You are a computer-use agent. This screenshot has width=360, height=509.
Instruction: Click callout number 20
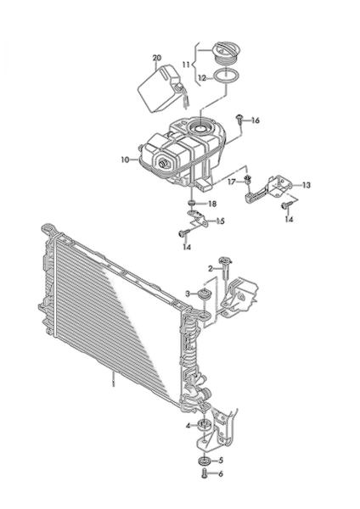pos(156,58)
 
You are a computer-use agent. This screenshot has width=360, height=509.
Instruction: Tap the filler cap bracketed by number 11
pos(227,53)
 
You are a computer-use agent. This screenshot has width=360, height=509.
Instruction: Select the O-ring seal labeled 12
pos(226,76)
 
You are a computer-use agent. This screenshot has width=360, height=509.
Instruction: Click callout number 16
pos(256,120)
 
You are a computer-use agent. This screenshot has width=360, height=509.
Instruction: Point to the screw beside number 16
pos(239,119)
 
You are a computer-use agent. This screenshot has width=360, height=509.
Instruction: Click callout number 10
pos(125,159)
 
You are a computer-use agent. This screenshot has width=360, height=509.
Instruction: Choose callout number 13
pos(307,185)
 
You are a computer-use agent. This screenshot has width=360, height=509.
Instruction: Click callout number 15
pos(220,221)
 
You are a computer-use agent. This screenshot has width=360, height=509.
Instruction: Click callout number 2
pos(211,269)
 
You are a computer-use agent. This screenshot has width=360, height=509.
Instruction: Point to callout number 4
pos(188,425)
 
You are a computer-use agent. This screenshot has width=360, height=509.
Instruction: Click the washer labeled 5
pos(204,461)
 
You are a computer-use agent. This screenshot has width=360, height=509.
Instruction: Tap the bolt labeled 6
pos(204,473)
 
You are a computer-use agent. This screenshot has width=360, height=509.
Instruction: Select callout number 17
pos(232,182)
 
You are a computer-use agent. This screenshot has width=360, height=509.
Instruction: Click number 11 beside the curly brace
pos(186,64)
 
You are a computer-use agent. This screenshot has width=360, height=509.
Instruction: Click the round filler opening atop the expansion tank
pos(200,128)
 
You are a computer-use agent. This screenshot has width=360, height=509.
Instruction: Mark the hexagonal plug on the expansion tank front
pos(162,163)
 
